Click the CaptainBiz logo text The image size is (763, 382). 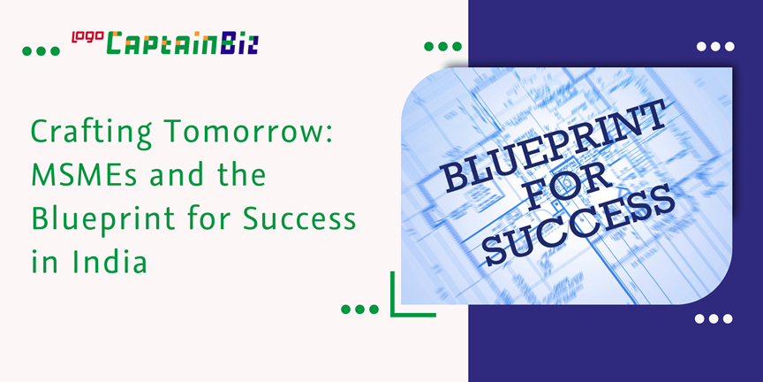click(183, 43)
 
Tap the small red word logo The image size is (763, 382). click(88, 37)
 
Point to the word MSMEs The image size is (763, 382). click(85, 175)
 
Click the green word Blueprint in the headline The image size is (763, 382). click(102, 218)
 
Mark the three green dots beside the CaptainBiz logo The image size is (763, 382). click(41, 50)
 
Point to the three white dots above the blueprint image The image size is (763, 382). click(715, 46)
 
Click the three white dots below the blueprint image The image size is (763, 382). click(714, 318)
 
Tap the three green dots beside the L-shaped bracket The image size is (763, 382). click(360, 309)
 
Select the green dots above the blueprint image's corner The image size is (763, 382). click(442, 46)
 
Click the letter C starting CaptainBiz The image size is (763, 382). click(117, 43)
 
